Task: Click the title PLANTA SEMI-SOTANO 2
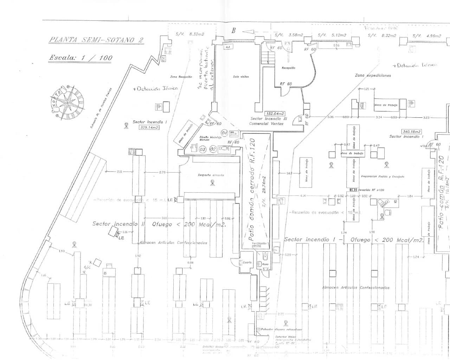[x=96, y=39]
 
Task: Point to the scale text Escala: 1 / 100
[x=80, y=58]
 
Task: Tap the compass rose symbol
[x=69, y=102]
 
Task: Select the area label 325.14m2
[x=149, y=128]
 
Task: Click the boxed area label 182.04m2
[x=275, y=114]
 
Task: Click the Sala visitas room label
[x=241, y=77]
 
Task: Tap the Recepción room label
[x=288, y=68]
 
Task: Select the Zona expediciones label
[x=373, y=75]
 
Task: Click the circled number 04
[x=224, y=133]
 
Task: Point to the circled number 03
[x=202, y=149]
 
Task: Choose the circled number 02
[x=213, y=149]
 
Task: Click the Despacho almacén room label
[x=211, y=175]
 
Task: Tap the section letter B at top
[x=233, y=31]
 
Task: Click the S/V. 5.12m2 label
[x=332, y=35]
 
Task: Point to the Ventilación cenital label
[x=259, y=245]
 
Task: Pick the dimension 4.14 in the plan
[x=303, y=196]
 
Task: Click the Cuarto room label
[x=247, y=263]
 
